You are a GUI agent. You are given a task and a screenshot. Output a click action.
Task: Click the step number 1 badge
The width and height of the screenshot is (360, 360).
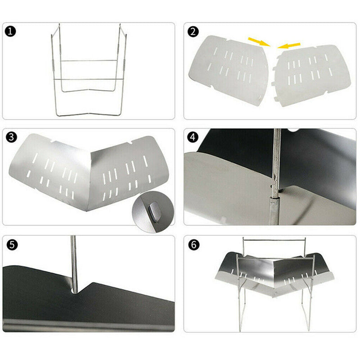pyautogui.click(x=10, y=32)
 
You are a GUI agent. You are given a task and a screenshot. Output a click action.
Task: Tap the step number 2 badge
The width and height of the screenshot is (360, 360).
pyautogui.click(x=194, y=32)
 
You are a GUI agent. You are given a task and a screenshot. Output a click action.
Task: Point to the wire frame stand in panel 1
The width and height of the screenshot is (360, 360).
pyautogui.click(x=88, y=72)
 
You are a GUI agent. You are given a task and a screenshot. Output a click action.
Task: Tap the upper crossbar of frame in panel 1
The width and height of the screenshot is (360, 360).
pyautogui.click(x=88, y=61)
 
